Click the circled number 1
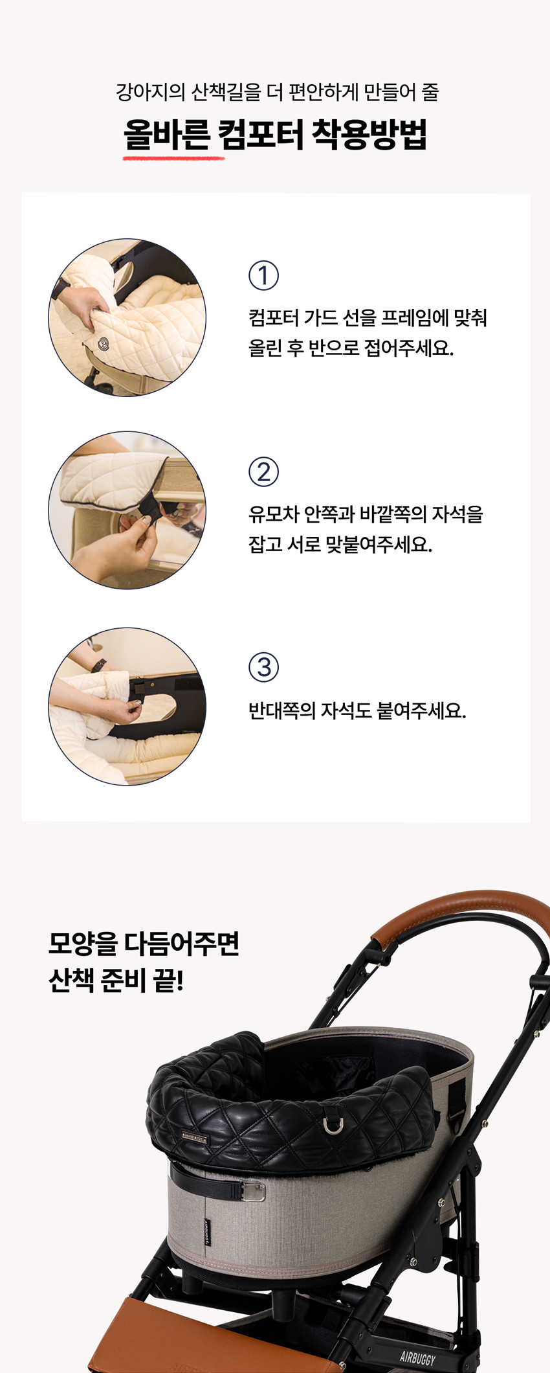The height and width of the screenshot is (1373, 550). tap(264, 275)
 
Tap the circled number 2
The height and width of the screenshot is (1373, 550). tap(264, 472)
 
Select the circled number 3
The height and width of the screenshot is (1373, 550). tap(264, 667)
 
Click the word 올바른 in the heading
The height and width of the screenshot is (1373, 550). tap(166, 134)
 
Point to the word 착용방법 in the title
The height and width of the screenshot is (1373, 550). tap(369, 134)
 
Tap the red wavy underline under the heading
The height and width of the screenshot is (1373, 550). tap(173, 156)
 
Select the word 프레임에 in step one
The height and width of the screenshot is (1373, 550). tap(415, 318)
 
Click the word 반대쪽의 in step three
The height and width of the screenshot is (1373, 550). tap(282, 710)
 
